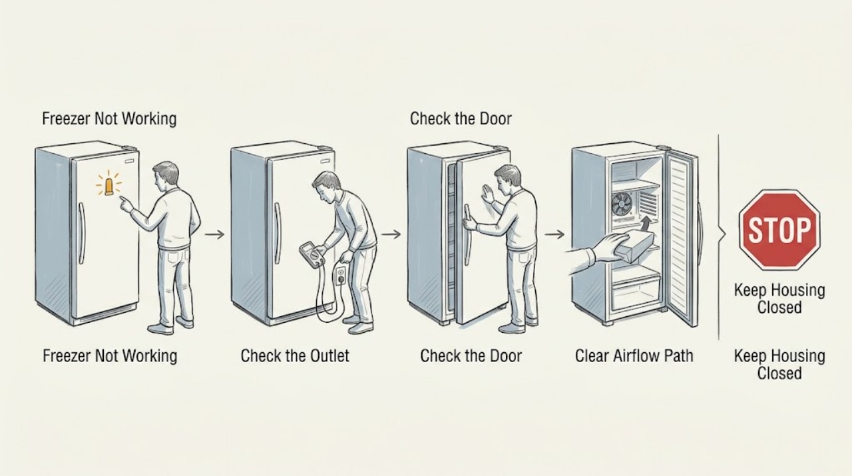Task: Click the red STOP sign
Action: [x=779, y=230]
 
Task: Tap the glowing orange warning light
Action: [x=108, y=186]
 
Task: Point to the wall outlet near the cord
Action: [x=341, y=275]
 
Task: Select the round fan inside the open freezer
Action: [x=622, y=204]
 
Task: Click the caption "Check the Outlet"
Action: [x=295, y=356]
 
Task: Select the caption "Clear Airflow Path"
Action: [x=634, y=356]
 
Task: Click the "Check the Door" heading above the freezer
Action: [x=461, y=119]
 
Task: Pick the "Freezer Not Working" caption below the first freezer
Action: [x=110, y=356]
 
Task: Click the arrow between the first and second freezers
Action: [x=214, y=234]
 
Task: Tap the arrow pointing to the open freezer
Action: [x=554, y=234]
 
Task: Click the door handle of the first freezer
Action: [x=81, y=233]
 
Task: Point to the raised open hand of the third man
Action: [x=487, y=194]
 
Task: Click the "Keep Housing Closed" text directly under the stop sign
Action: [x=779, y=299]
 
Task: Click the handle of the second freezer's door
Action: [x=278, y=233]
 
